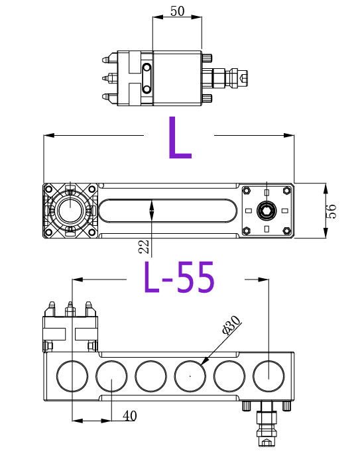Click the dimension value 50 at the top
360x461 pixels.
pyautogui.click(x=177, y=11)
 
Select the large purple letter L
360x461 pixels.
pyautogui.click(x=179, y=138)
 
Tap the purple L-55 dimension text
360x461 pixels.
pyautogui.click(x=180, y=278)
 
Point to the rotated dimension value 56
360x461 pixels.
pyautogui.click(x=332, y=211)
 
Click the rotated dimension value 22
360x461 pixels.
pyautogui.click(x=143, y=247)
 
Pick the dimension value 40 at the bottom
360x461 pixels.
pyautogui.click(x=130, y=415)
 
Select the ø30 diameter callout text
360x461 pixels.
pyautogui.click(x=231, y=325)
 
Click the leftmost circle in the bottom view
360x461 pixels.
pyautogui.click(x=72, y=376)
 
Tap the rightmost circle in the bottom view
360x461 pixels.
pyautogui.click(x=269, y=376)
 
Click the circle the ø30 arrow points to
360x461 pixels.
pyautogui.click(x=190, y=376)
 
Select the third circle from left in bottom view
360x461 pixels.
pyautogui.click(x=151, y=376)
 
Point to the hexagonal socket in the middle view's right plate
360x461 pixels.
pyautogui.click(x=267, y=211)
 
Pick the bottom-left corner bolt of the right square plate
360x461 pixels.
pyautogui.click(x=247, y=230)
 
